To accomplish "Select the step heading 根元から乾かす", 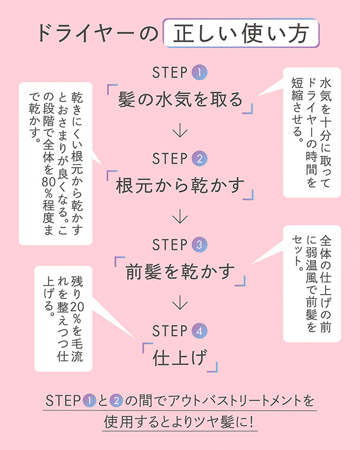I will pyautogui.click(x=181, y=185).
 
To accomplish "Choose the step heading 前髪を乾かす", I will pyautogui.click(x=181, y=271).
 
